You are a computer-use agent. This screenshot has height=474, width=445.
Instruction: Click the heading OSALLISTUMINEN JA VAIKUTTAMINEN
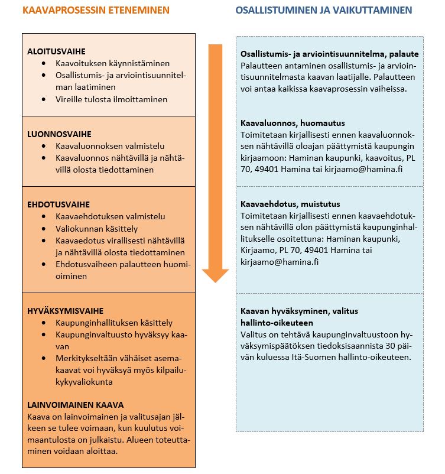click(x=323, y=10)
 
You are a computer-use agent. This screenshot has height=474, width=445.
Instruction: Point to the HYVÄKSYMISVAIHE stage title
click(x=65, y=311)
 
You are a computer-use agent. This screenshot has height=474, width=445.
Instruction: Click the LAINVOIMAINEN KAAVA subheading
click(x=75, y=405)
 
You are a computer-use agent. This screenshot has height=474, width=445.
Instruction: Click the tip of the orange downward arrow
click(x=215, y=280)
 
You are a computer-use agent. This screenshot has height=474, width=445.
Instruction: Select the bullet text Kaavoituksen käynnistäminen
click(x=112, y=63)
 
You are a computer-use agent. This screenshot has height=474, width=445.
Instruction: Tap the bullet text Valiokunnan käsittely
click(x=97, y=228)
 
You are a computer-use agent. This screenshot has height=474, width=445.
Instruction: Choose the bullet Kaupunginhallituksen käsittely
click(x=113, y=323)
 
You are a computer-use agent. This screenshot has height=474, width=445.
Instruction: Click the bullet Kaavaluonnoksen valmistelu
click(x=110, y=146)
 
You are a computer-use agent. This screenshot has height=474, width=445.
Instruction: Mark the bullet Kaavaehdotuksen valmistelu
click(x=110, y=216)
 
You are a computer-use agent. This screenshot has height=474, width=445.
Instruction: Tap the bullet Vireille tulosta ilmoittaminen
click(x=111, y=99)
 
